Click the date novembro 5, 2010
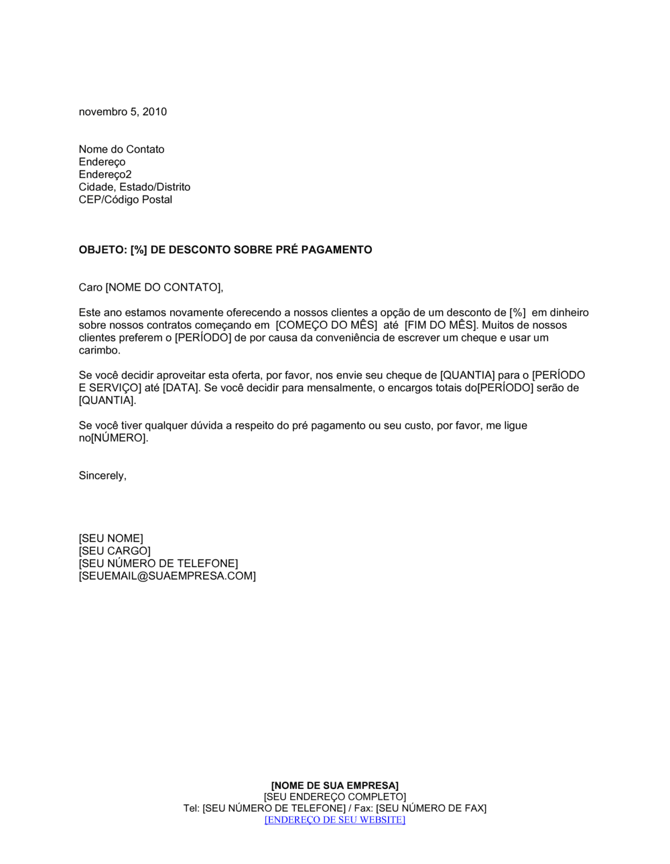(x=123, y=112)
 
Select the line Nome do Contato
(x=121, y=149)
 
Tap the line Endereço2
(x=105, y=175)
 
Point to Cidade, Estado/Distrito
(x=134, y=188)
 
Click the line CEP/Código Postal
(x=125, y=200)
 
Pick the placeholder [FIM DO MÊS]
(x=440, y=326)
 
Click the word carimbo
(x=98, y=350)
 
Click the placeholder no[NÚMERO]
(x=113, y=439)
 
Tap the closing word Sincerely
(x=101, y=476)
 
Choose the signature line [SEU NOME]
(x=111, y=538)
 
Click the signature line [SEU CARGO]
(x=115, y=551)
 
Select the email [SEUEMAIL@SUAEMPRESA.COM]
(x=167, y=576)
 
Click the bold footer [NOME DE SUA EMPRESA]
(x=334, y=786)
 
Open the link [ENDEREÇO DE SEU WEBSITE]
(x=334, y=820)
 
